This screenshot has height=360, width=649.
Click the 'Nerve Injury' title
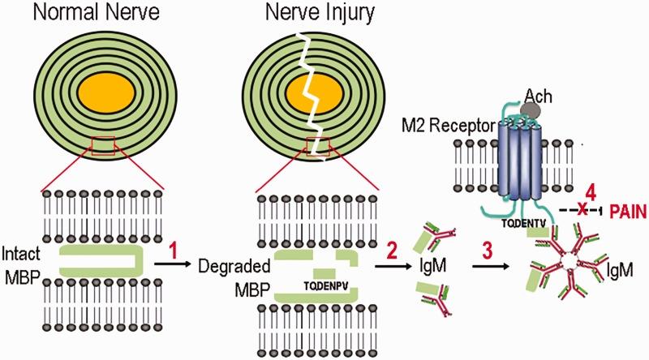[x=311, y=14]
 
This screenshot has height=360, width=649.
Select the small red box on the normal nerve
[x=110, y=145]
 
